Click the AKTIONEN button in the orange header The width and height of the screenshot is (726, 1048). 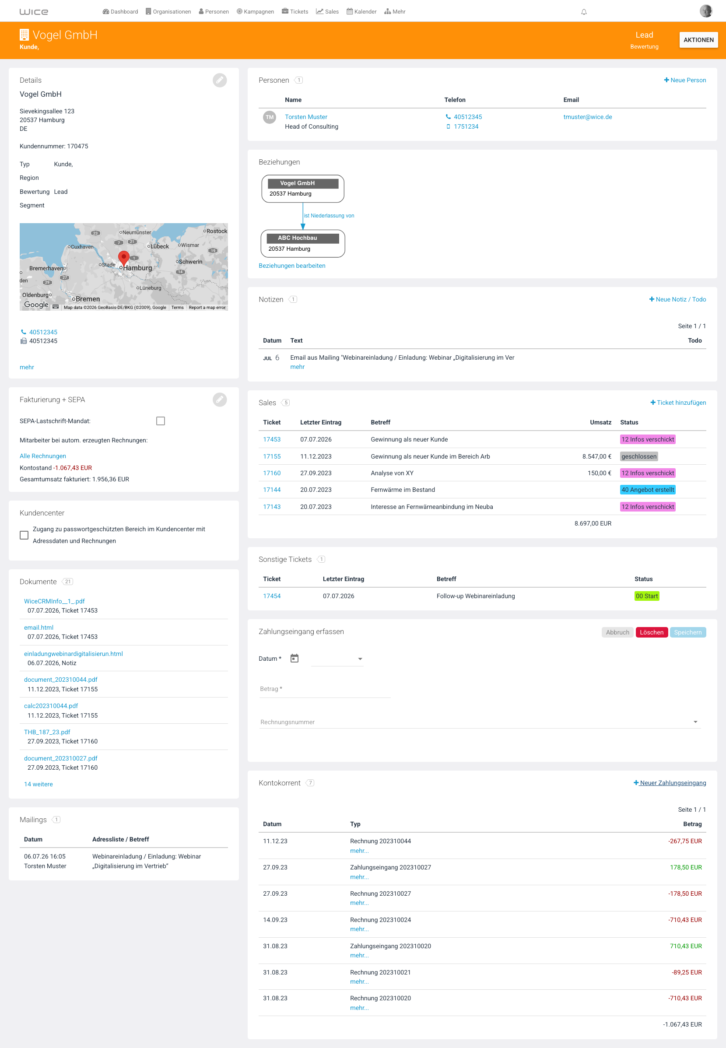click(698, 39)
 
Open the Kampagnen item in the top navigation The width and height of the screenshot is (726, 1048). click(255, 11)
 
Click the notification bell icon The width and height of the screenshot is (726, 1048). click(584, 12)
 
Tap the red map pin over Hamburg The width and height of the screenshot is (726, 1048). click(123, 258)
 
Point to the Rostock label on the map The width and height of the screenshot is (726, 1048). click(217, 231)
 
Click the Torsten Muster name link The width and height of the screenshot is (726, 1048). click(306, 117)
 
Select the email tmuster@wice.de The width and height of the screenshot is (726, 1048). click(587, 117)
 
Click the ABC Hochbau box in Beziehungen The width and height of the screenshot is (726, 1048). click(302, 243)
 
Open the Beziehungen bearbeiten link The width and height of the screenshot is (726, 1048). click(291, 266)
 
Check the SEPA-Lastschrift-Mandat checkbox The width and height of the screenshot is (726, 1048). click(161, 421)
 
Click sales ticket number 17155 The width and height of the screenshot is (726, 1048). click(272, 456)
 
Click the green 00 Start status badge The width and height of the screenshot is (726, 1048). click(646, 596)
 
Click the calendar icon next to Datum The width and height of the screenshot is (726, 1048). click(295, 658)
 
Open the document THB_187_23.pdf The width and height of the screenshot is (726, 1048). click(47, 732)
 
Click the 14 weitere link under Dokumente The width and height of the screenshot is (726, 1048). click(38, 784)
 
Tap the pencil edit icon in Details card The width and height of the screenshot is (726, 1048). click(220, 80)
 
